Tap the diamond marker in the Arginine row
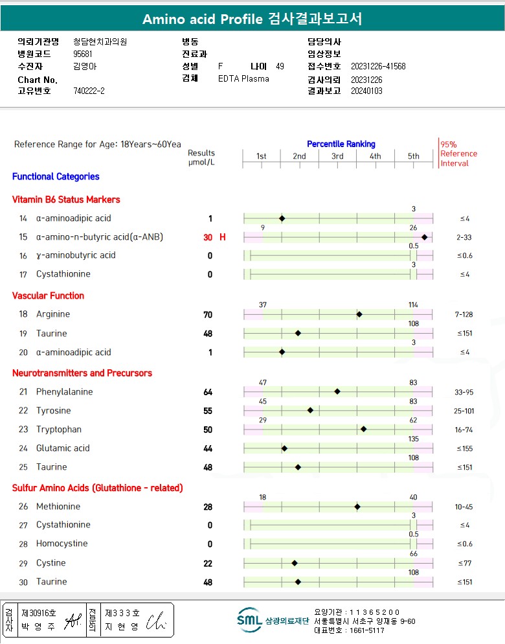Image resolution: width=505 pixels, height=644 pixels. click(x=359, y=314)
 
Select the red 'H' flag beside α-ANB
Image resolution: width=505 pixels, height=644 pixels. click(x=223, y=237)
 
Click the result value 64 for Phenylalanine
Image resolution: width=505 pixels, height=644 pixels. click(x=208, y=392)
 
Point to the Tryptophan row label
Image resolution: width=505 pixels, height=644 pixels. click(x=57, y=430)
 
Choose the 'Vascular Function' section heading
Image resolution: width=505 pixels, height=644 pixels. click(x=48, y=295)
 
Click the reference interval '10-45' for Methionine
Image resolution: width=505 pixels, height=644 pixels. click(x=464, y=507)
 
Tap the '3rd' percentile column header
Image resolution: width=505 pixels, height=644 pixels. click(x=337, y=156)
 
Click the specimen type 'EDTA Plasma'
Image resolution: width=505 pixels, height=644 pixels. click(x=243, y=79)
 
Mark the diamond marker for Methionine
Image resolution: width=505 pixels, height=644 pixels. click(x=357, y=507)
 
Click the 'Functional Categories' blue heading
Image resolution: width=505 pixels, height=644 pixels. click(x=56, y=176)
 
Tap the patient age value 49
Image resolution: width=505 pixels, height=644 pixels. click(x=280, y=66)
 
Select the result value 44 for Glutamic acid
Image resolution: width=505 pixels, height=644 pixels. click(x=208, y=448)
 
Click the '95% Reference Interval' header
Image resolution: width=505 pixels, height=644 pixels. click(x=458, y=154)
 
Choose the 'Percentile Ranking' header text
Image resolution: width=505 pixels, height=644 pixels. click(x=341, y=144)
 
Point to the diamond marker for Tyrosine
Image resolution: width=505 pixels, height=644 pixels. click(x=310, y=410)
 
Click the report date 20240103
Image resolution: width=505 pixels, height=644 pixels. click(x=366, y=91)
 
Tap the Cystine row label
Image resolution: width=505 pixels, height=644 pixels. click(x=50, y=563)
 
